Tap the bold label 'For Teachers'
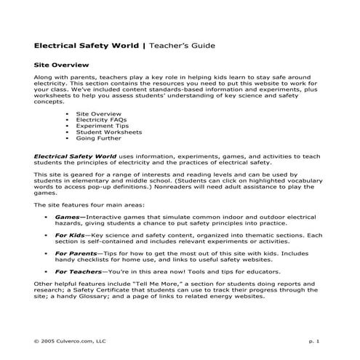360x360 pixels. [78, 272]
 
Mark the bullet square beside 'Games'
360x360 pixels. [47, 217]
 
